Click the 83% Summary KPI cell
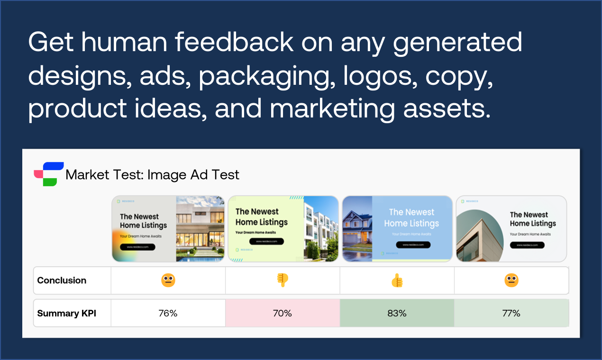tap(396, 313)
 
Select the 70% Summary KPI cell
tap(282, 313)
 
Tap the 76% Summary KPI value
tap(168, 313)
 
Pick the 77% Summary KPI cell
tap(511, 313)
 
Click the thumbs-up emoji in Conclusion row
tap(397, 280)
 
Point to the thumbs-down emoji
tap(283, 280)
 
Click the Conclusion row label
tap(62, 280)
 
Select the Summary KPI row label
tap(66, 313)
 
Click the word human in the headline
tap(124, 43)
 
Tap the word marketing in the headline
tap(332, 109)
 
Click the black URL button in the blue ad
tap(412, 244)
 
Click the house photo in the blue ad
tap(357, 228)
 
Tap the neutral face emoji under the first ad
tap(168, 280)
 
